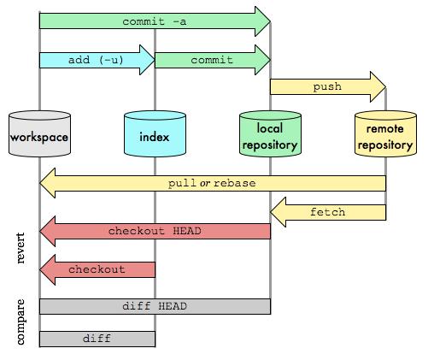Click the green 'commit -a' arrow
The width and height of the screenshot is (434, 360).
point(154,21)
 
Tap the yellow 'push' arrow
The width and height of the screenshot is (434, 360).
point(327,86)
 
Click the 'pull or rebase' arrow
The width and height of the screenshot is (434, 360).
point(212,184)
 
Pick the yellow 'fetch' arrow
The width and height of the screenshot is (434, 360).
point(327,212)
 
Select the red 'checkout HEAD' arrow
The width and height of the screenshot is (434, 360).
point(154,232)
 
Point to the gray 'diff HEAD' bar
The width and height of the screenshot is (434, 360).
point(155,306)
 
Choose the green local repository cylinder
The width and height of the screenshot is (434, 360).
point(270,137)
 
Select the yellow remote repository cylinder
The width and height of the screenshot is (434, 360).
point(385,137)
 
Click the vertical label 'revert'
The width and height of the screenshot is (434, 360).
point(21,248)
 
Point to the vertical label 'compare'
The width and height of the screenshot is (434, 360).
point(21,322)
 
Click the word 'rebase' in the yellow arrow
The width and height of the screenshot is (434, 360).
point(235,184)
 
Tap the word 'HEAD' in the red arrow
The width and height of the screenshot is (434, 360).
point(187,232)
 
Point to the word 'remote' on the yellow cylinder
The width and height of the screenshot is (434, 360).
point(385,129)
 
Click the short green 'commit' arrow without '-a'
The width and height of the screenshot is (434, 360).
point(212,61)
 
